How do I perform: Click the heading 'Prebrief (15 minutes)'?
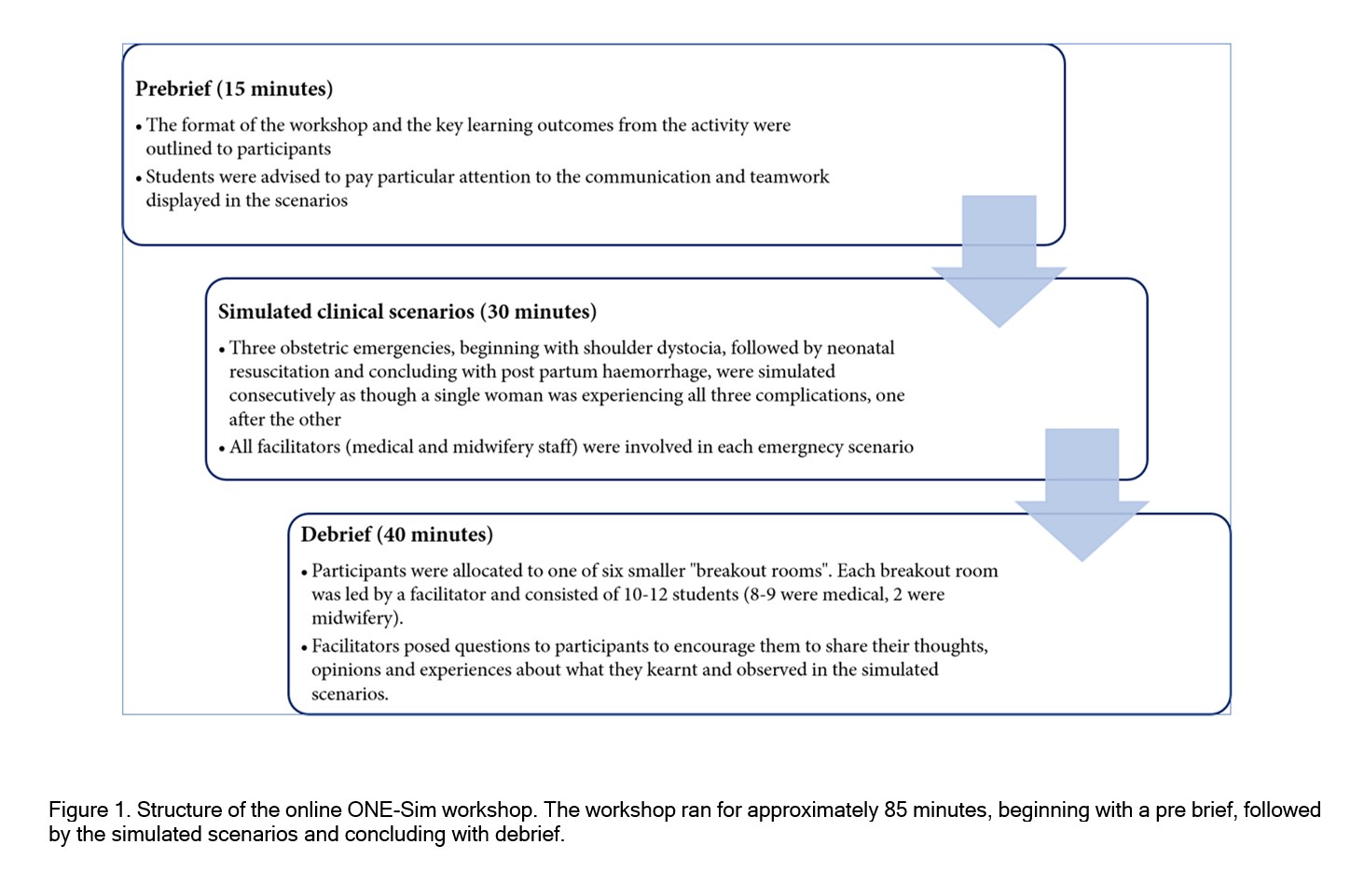[x=234, y=89]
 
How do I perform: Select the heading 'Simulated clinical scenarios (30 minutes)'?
[x=406, y=311]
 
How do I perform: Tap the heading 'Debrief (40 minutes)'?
[x=396, y=534]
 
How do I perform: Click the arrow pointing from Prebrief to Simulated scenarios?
[x=999, y=261]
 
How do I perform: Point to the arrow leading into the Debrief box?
[x=1082, y=494]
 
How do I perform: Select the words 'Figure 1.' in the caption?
[x=90, y=810]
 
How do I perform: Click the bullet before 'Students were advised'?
[x=139, y=178]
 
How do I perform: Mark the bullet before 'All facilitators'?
[x=222, y=450]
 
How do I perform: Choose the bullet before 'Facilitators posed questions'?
[x=305, y=648]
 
